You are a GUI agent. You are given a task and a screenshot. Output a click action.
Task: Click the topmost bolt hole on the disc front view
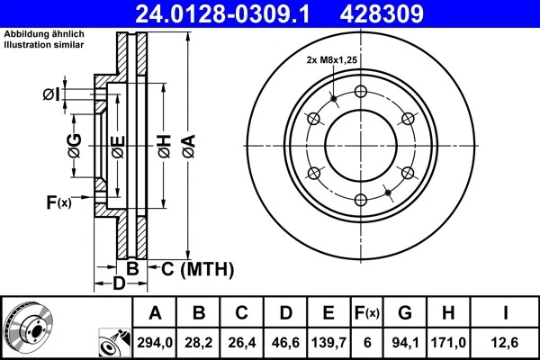360,92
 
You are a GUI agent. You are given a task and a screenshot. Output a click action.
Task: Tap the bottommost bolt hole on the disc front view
360,199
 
